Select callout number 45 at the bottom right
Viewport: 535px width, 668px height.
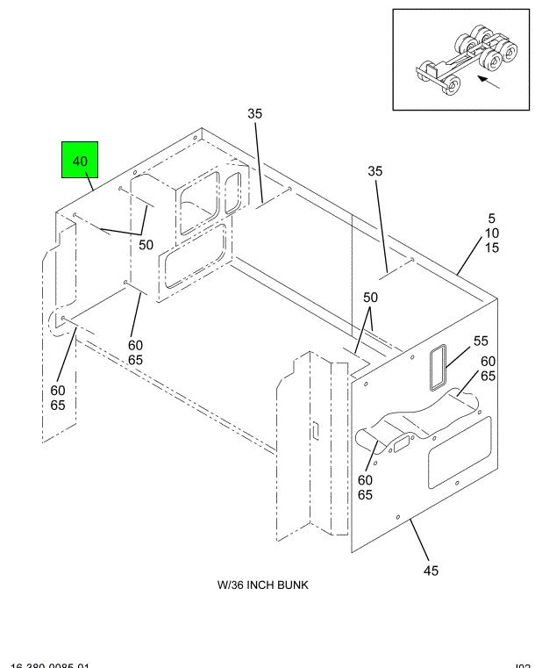coord(431,571)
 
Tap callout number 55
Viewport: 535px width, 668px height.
coord(481,341)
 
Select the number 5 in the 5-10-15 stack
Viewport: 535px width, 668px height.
coord(492,218)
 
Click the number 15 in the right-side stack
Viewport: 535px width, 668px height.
coord(492,248)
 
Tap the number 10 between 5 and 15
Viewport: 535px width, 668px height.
coord(492,233)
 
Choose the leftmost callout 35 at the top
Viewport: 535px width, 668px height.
coord(255,113)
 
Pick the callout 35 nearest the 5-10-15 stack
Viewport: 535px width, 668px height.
coord(374,172)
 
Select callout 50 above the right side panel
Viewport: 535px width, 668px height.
coord(371,298)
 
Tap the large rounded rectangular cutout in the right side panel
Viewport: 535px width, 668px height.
coord(459,453)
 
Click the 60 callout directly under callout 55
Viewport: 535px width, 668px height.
coord(488,361)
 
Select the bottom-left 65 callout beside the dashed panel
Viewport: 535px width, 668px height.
coord(57,406)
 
